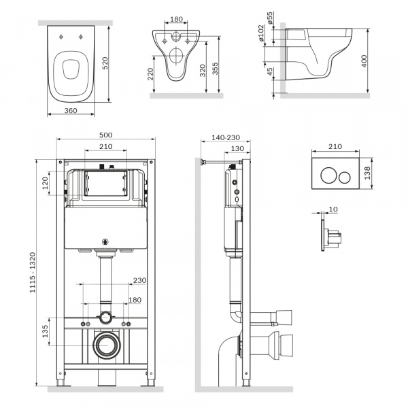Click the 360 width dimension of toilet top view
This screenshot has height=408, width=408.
(66, 109)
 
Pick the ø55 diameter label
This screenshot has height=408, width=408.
(270, 17)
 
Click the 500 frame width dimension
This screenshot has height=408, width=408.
(105, 135)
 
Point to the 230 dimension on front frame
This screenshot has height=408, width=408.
(139, 280)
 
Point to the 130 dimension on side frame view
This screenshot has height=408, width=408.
(237, 150)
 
